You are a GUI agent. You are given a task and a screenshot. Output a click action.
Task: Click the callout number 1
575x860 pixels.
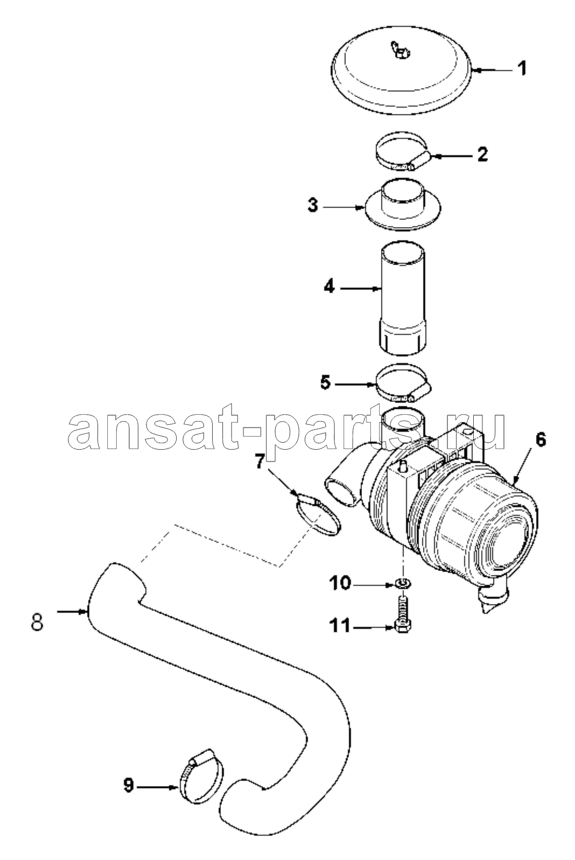(x=521, y=69)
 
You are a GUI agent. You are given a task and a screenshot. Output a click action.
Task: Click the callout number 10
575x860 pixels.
(x=339, y=584)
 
